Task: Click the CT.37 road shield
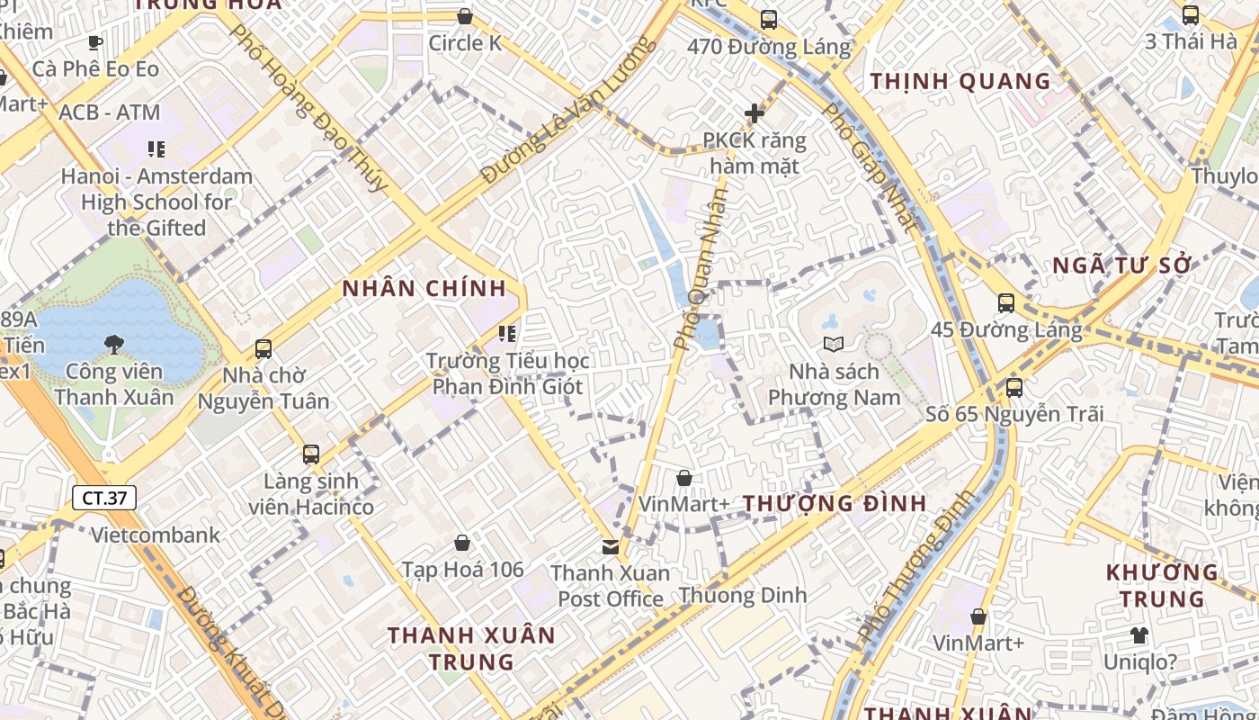104,498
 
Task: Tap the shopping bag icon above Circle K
465,16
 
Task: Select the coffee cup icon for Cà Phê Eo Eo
95,42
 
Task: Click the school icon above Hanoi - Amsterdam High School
156,148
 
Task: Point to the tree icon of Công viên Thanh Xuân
114,343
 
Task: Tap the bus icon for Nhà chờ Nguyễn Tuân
263,348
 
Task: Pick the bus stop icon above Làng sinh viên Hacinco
311,454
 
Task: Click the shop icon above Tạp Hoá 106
462,543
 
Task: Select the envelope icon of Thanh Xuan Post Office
611,546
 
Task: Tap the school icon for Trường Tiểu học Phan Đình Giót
507,334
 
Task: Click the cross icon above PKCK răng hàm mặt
755,113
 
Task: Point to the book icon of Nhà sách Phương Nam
834,344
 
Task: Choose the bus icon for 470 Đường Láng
768,19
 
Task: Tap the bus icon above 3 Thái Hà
1191,14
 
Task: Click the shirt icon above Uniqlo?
1139,635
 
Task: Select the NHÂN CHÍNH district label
424,289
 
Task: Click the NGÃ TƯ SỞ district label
1121,265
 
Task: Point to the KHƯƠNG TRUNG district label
1161,585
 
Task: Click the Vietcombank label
156,535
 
